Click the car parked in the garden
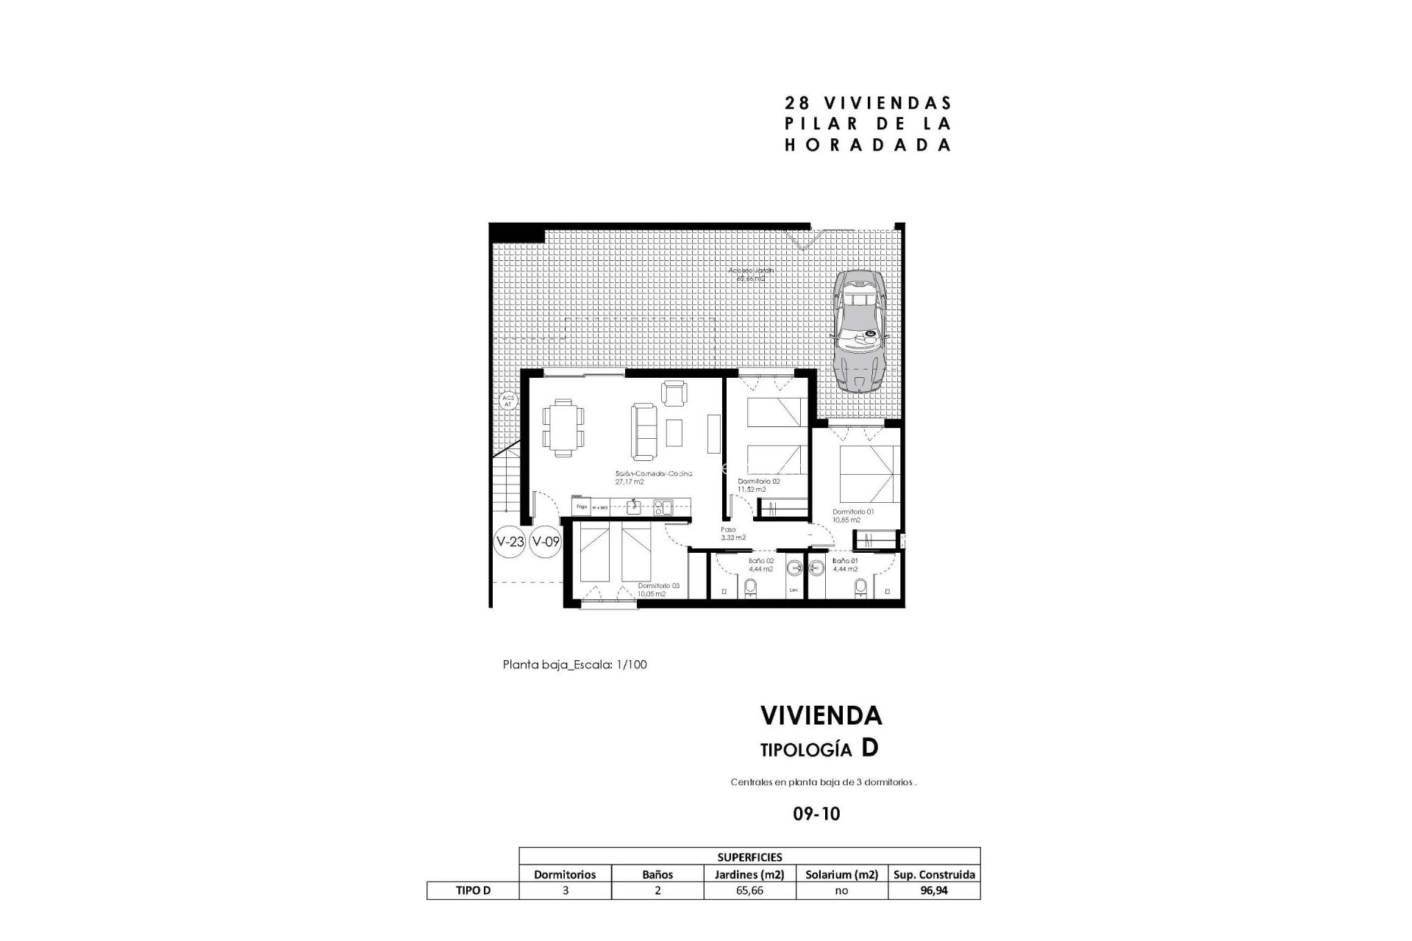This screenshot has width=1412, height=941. [x=860, y=329]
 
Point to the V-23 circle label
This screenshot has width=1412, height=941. [x=510, y=542]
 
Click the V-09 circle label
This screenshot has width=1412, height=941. [x=546, y=542]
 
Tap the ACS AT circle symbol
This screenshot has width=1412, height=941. [x=507, y=401]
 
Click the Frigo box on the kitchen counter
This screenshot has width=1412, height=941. [x=581, y=507]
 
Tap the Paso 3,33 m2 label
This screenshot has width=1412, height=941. [x=732, y=533]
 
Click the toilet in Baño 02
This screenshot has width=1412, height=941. [x=751, y=588]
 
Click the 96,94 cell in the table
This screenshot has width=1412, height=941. [x=933, y=890]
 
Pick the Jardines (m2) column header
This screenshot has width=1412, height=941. [x=749, y=874]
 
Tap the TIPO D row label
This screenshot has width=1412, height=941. [x=472, y=890]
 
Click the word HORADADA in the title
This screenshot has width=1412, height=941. [x=868, y=146]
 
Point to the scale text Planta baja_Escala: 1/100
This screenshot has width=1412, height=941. [x=574, y=665]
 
